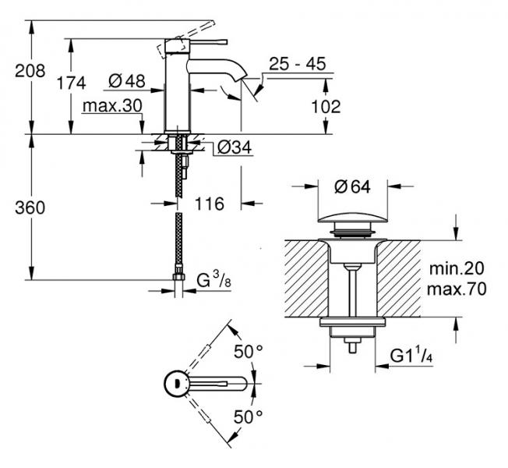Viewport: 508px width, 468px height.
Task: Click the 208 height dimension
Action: point(30,71)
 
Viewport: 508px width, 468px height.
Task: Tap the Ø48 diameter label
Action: point(126,80)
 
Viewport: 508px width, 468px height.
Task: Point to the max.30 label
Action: point(111,105)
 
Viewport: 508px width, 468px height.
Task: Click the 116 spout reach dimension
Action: point(209,204)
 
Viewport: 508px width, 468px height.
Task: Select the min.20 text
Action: point(457,268)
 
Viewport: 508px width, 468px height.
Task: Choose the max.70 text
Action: point(457,289)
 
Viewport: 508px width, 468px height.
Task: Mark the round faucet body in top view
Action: point(174,384)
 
